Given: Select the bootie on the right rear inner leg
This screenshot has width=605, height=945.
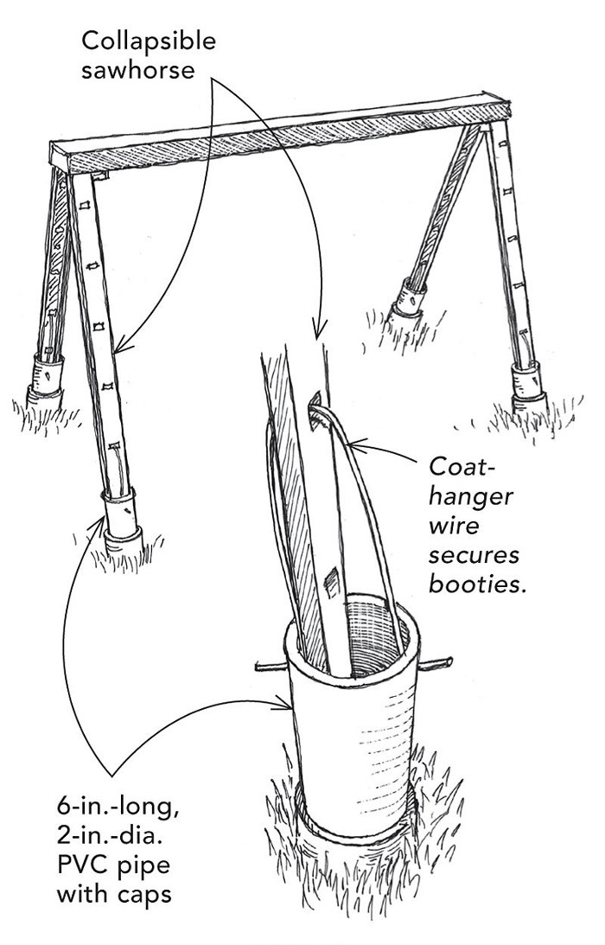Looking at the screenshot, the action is point(412,303).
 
